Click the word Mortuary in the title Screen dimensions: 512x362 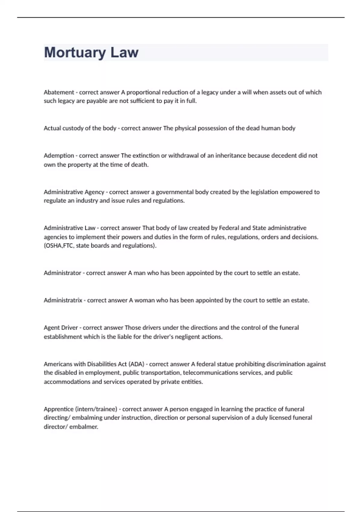click(75, 52)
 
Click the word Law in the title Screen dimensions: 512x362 click(124, 52)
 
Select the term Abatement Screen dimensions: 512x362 click(59, 92)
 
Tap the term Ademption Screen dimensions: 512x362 click(59, 156)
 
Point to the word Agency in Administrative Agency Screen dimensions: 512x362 click(94, 192)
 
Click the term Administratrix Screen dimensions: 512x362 click(63, 300)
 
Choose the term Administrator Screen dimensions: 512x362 click(62, 273)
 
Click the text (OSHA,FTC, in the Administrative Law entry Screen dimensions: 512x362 click(59, 245)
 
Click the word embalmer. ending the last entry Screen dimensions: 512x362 click(84, 427)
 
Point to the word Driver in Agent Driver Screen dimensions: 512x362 click(69, 328)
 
